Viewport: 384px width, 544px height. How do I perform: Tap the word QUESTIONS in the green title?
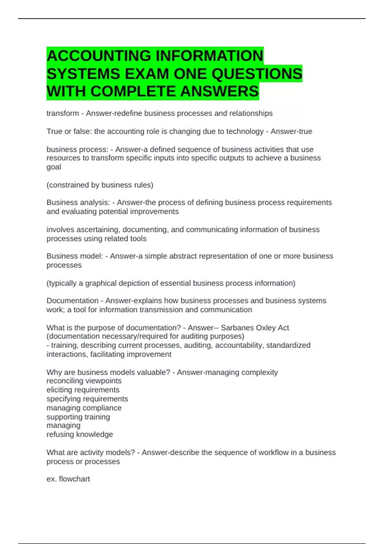coord(257,74)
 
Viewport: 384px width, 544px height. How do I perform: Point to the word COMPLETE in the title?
coord(134,92)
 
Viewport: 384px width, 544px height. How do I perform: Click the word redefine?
coord(127,113)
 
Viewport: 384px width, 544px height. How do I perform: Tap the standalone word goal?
coord(53,167)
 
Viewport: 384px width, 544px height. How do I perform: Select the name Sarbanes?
coord(235,328)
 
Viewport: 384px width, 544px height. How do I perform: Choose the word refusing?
coord(60,435)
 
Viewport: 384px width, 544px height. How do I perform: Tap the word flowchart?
coord(74,479)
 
